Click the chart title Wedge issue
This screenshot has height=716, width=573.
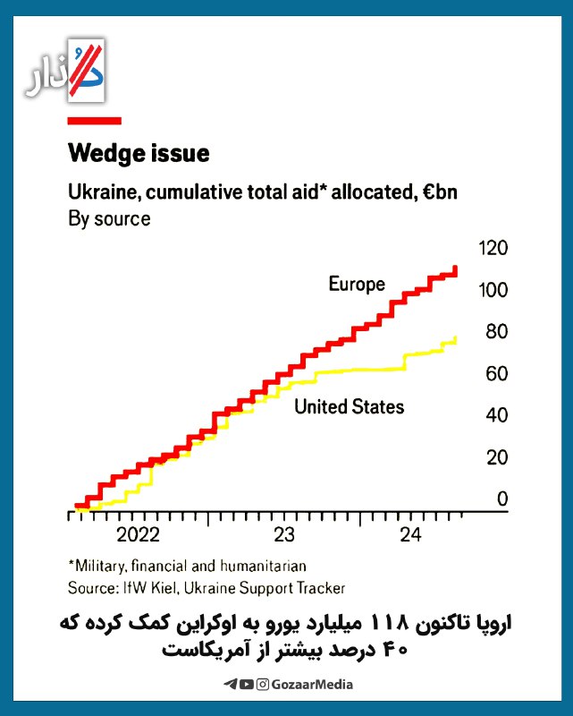coord(139,153)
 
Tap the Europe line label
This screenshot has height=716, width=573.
coord(357,285)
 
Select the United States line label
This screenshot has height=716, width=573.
coord(349,407)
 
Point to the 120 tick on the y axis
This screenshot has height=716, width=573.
coord(493,248)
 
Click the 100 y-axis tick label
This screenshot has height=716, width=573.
coord(493,290)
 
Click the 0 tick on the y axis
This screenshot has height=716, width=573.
coord(502,499)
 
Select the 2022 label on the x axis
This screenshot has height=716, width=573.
coord(138,535)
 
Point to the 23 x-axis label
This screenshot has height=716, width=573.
coord(283,535)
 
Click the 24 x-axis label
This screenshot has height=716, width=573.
coord(410,535)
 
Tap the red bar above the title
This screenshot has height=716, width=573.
coord(95,120)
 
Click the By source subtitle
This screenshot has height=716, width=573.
coord(109,218)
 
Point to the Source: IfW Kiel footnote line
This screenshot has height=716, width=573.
coord(206,588)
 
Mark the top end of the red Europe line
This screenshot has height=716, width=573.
coord(456,268)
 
